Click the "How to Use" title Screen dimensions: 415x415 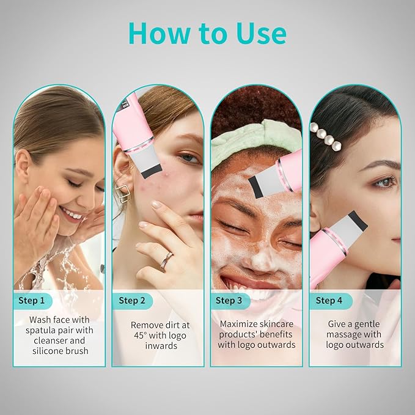pyautogui.click(x=207, y=34)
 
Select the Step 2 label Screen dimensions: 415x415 pyautogui.click(x=132, y=300)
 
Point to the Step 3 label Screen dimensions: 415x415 pyautogui.click(x=229, y=300)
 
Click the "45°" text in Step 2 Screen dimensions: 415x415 pyautogui.click(x=140, y=336)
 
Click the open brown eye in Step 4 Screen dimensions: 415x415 pyautogui.click(x=384, y=182)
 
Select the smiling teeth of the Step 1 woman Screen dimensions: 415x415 pyautogui.click(x=72, y=215)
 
